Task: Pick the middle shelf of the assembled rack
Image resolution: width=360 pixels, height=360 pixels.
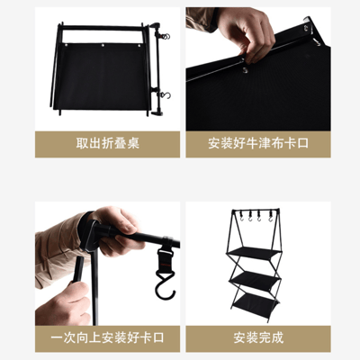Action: point(256,274)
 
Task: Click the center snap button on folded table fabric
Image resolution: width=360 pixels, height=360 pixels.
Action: point(103,42)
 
